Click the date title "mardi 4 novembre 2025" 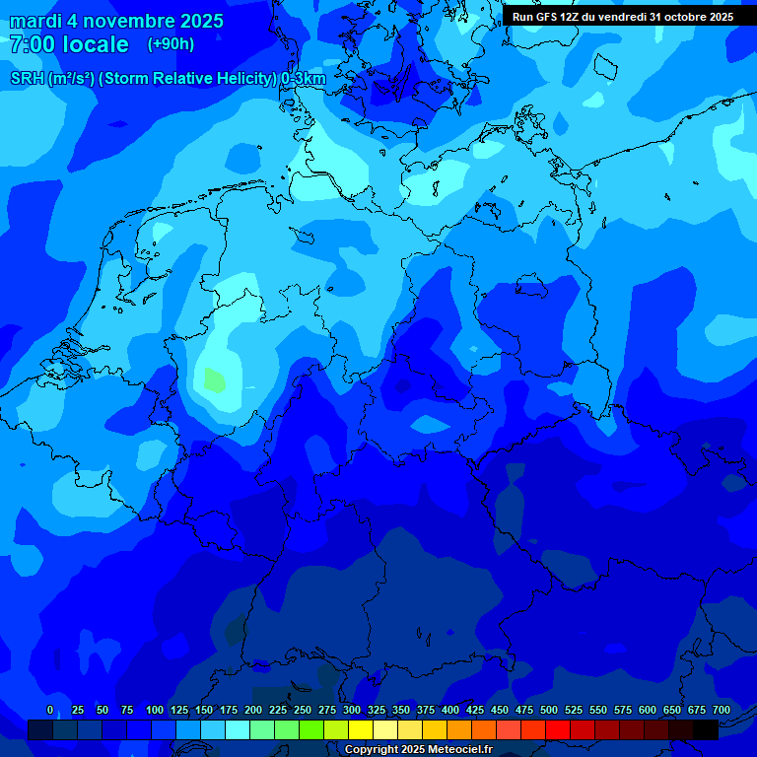coord(116,21)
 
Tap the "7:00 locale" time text coord(69,44)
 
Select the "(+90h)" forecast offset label coord(171,43)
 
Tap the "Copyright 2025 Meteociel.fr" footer coord(418,749)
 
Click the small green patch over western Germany coord(213,378)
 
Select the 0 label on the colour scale coord(50,710)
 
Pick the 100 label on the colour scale coord(154,710)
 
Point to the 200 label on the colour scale coord(253,710)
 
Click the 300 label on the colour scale coord(352,710)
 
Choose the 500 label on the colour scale coord(549,710)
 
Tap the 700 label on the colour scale coord(722,710)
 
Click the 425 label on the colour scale coord(475,710)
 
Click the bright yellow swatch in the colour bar coord(361,729)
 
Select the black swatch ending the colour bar coord(706,729)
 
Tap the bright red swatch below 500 coord(558,729)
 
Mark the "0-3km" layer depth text coord(304,79)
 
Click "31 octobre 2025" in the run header coord(692,17)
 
